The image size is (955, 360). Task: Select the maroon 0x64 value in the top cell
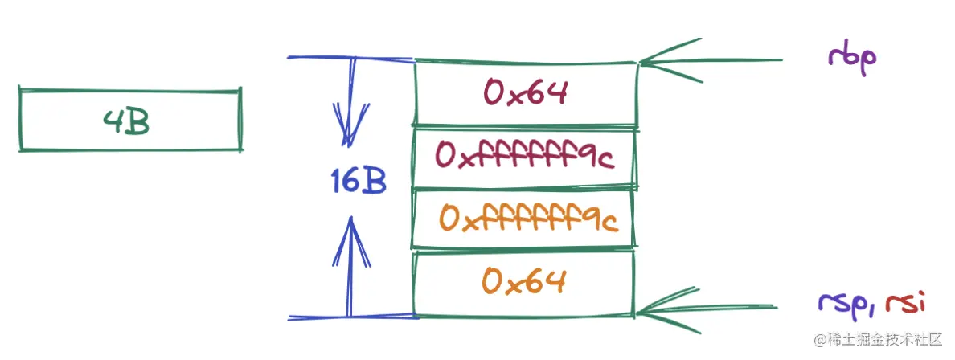click(x=526, y=92)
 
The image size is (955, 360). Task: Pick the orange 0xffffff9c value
click(x=528, y=219)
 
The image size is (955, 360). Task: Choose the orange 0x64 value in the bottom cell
click(x=525, y=281)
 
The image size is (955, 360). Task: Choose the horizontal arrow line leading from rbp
click(x=723, y=60)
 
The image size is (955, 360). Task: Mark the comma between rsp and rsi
click(x=875, y=309)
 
